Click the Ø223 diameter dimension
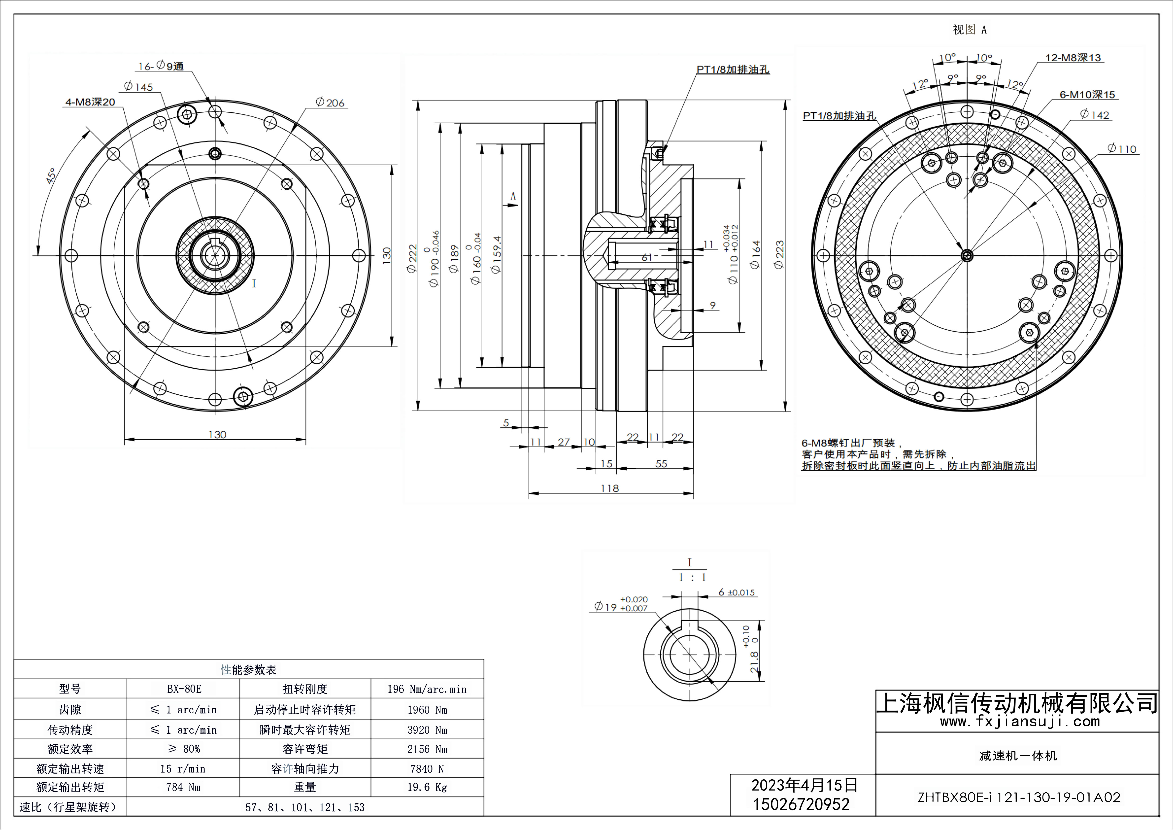tap(779, 255)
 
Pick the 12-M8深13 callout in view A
tap(1073, 58)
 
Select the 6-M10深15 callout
tap(1087, 95)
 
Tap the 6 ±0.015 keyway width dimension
tap(736, 592)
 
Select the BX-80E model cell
tap(184, 689)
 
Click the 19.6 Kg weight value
tap(427, 787)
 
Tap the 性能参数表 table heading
tap(249, 670)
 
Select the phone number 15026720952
tap(801, 804)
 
